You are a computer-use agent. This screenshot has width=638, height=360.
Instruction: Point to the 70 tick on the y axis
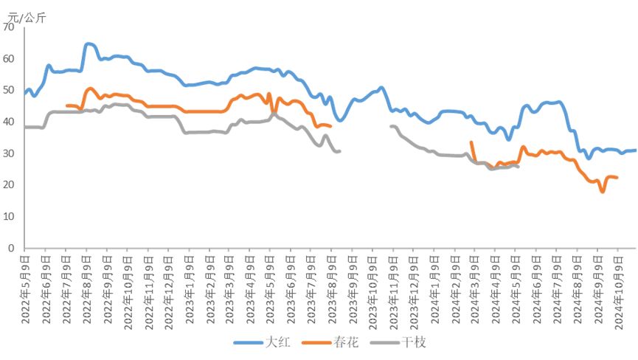tap(9, 27)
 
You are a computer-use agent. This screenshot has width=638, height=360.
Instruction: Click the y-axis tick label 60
tap(9, 58)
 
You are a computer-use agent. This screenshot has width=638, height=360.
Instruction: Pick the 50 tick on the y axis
tap(9, 90)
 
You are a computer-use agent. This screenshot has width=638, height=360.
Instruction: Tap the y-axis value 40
tap(9, 122)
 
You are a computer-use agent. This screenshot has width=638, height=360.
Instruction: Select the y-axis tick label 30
tap(9, 153)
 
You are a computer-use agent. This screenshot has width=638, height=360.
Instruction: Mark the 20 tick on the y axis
tap(9, 185)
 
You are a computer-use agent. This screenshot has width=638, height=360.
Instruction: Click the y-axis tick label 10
tap(9, 217)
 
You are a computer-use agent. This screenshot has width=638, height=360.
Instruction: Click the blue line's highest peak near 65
tap(89, 44)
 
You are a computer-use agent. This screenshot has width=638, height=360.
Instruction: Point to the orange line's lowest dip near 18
tap(603, 192)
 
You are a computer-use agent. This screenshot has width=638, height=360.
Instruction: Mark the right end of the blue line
tap(635, 150)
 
